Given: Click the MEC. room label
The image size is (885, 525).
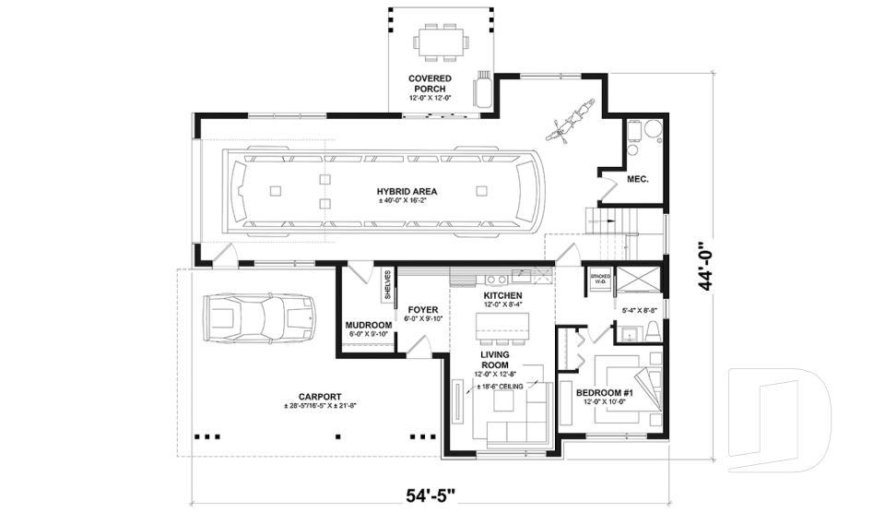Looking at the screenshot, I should (638, 179).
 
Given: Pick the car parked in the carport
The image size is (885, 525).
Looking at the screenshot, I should (260, 318).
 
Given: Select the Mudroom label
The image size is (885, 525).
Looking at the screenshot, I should (369, 326).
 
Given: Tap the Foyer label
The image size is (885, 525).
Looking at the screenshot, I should (422, 310).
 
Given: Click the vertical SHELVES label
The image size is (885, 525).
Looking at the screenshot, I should (387, 284).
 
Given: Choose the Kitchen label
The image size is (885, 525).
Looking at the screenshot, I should (502, 295).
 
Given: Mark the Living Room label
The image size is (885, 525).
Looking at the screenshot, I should (495, 360).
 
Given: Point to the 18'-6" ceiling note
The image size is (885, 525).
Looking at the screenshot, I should (498, 386).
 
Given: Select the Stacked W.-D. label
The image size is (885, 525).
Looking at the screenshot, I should (600, 279).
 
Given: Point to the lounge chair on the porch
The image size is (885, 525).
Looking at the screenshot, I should (483, 90).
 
